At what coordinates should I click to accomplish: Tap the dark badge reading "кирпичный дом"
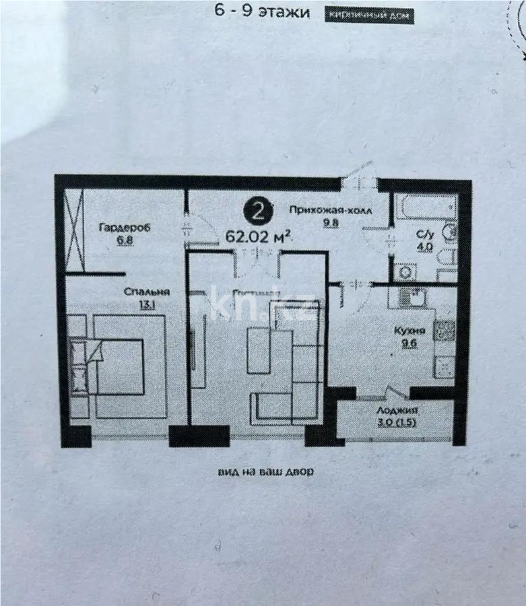coord(369,15)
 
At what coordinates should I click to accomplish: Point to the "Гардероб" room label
coord(124,228)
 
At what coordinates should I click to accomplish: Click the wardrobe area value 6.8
coord(124,240)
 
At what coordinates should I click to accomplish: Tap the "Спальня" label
coord(145,292)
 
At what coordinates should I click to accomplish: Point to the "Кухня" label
coord(409,331)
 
